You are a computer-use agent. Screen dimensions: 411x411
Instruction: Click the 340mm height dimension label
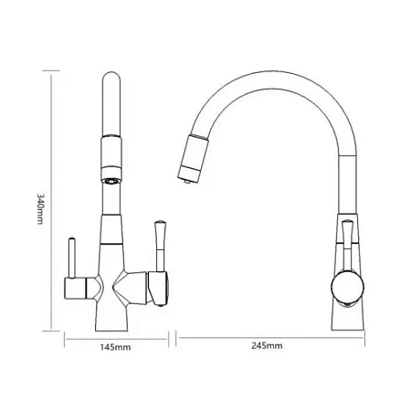click(x=40, y=209)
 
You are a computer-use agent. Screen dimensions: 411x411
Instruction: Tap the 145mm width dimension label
click(x=116, y=347)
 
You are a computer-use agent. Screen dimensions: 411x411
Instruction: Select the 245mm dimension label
click(x=267, y=345)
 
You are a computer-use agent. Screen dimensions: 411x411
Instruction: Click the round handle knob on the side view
click(x=347, y=287)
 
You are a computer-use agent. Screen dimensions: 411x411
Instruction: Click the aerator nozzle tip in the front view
click(x=111, y=181)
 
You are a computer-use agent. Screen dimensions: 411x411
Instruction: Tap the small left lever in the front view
click(x=72, y=258)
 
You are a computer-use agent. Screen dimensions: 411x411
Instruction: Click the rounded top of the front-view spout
click(x=112, y=78)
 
